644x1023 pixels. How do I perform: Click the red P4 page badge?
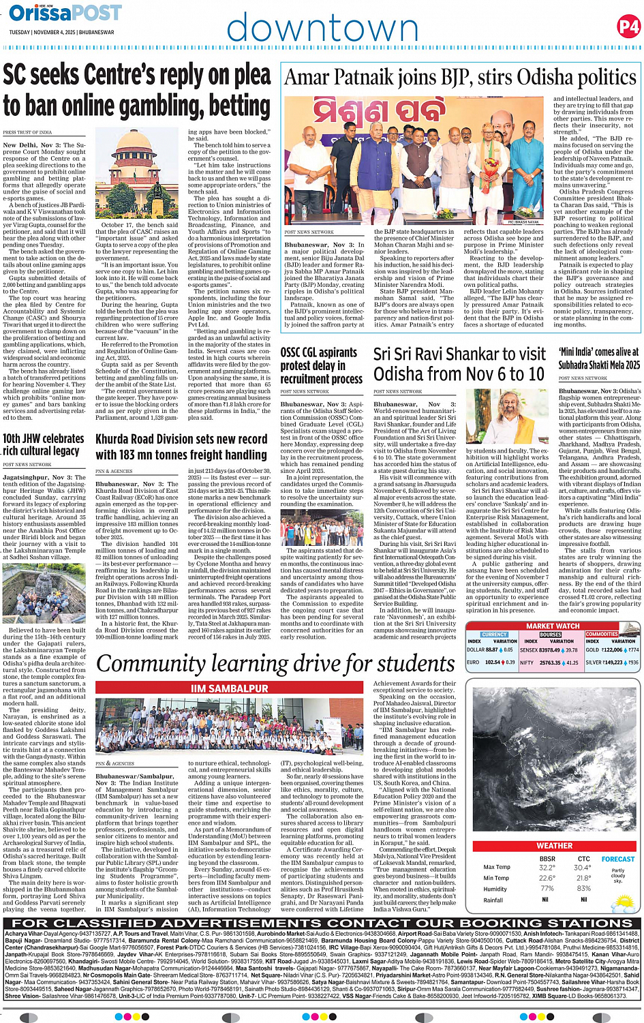click(x=628, y=27)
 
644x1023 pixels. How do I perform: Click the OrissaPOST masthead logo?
click(x=65, y=13)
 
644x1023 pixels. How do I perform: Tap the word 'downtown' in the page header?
click(x=322, y=29)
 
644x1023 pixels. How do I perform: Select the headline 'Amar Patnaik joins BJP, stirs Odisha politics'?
click(x=460, y=78)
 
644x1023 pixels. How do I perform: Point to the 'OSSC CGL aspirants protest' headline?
click(x=321, y=365)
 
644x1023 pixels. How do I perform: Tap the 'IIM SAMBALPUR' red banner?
click(x=229, y=688)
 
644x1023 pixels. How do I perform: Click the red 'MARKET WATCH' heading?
click(x=552, y=626)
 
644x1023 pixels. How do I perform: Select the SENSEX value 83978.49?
click(x=549, y=650)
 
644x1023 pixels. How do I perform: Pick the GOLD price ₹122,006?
click(x=612, y=650)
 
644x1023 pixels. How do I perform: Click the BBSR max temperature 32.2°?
click(x=547, y=868)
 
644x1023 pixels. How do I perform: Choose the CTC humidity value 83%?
click(x=583, y=889)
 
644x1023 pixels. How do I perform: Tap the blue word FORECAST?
click(x=617, y=859)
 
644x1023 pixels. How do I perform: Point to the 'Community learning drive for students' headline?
click(x=275, y=663)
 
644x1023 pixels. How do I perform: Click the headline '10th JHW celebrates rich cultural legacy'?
click(x=44, y=444)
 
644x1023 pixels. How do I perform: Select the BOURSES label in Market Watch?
click(x=550, y=634)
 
